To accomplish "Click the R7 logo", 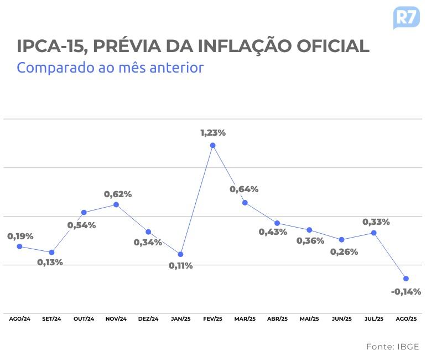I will pos(406,17).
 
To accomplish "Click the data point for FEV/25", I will pos(213,146).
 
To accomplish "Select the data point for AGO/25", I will pos(406,279).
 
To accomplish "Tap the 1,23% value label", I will pos(213,133).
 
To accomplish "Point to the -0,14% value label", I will pos(406,291).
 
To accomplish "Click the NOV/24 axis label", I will pos(116,319).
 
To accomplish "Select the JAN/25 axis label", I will pos(181,319).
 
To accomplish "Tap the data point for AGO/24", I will pos(19,246).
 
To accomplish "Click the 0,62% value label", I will pos(118,194).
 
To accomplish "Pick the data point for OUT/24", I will pos(84,213).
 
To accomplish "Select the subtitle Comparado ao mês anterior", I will pos(110,68).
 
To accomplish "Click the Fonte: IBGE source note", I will pos(392,347).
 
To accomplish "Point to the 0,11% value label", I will pos(181,266).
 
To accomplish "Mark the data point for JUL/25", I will pos(374,233).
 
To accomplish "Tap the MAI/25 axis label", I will pos(309,319).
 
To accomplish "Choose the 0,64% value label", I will pos(244,189).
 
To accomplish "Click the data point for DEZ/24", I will pos(148,232).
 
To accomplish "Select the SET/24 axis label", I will pos(51,319).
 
